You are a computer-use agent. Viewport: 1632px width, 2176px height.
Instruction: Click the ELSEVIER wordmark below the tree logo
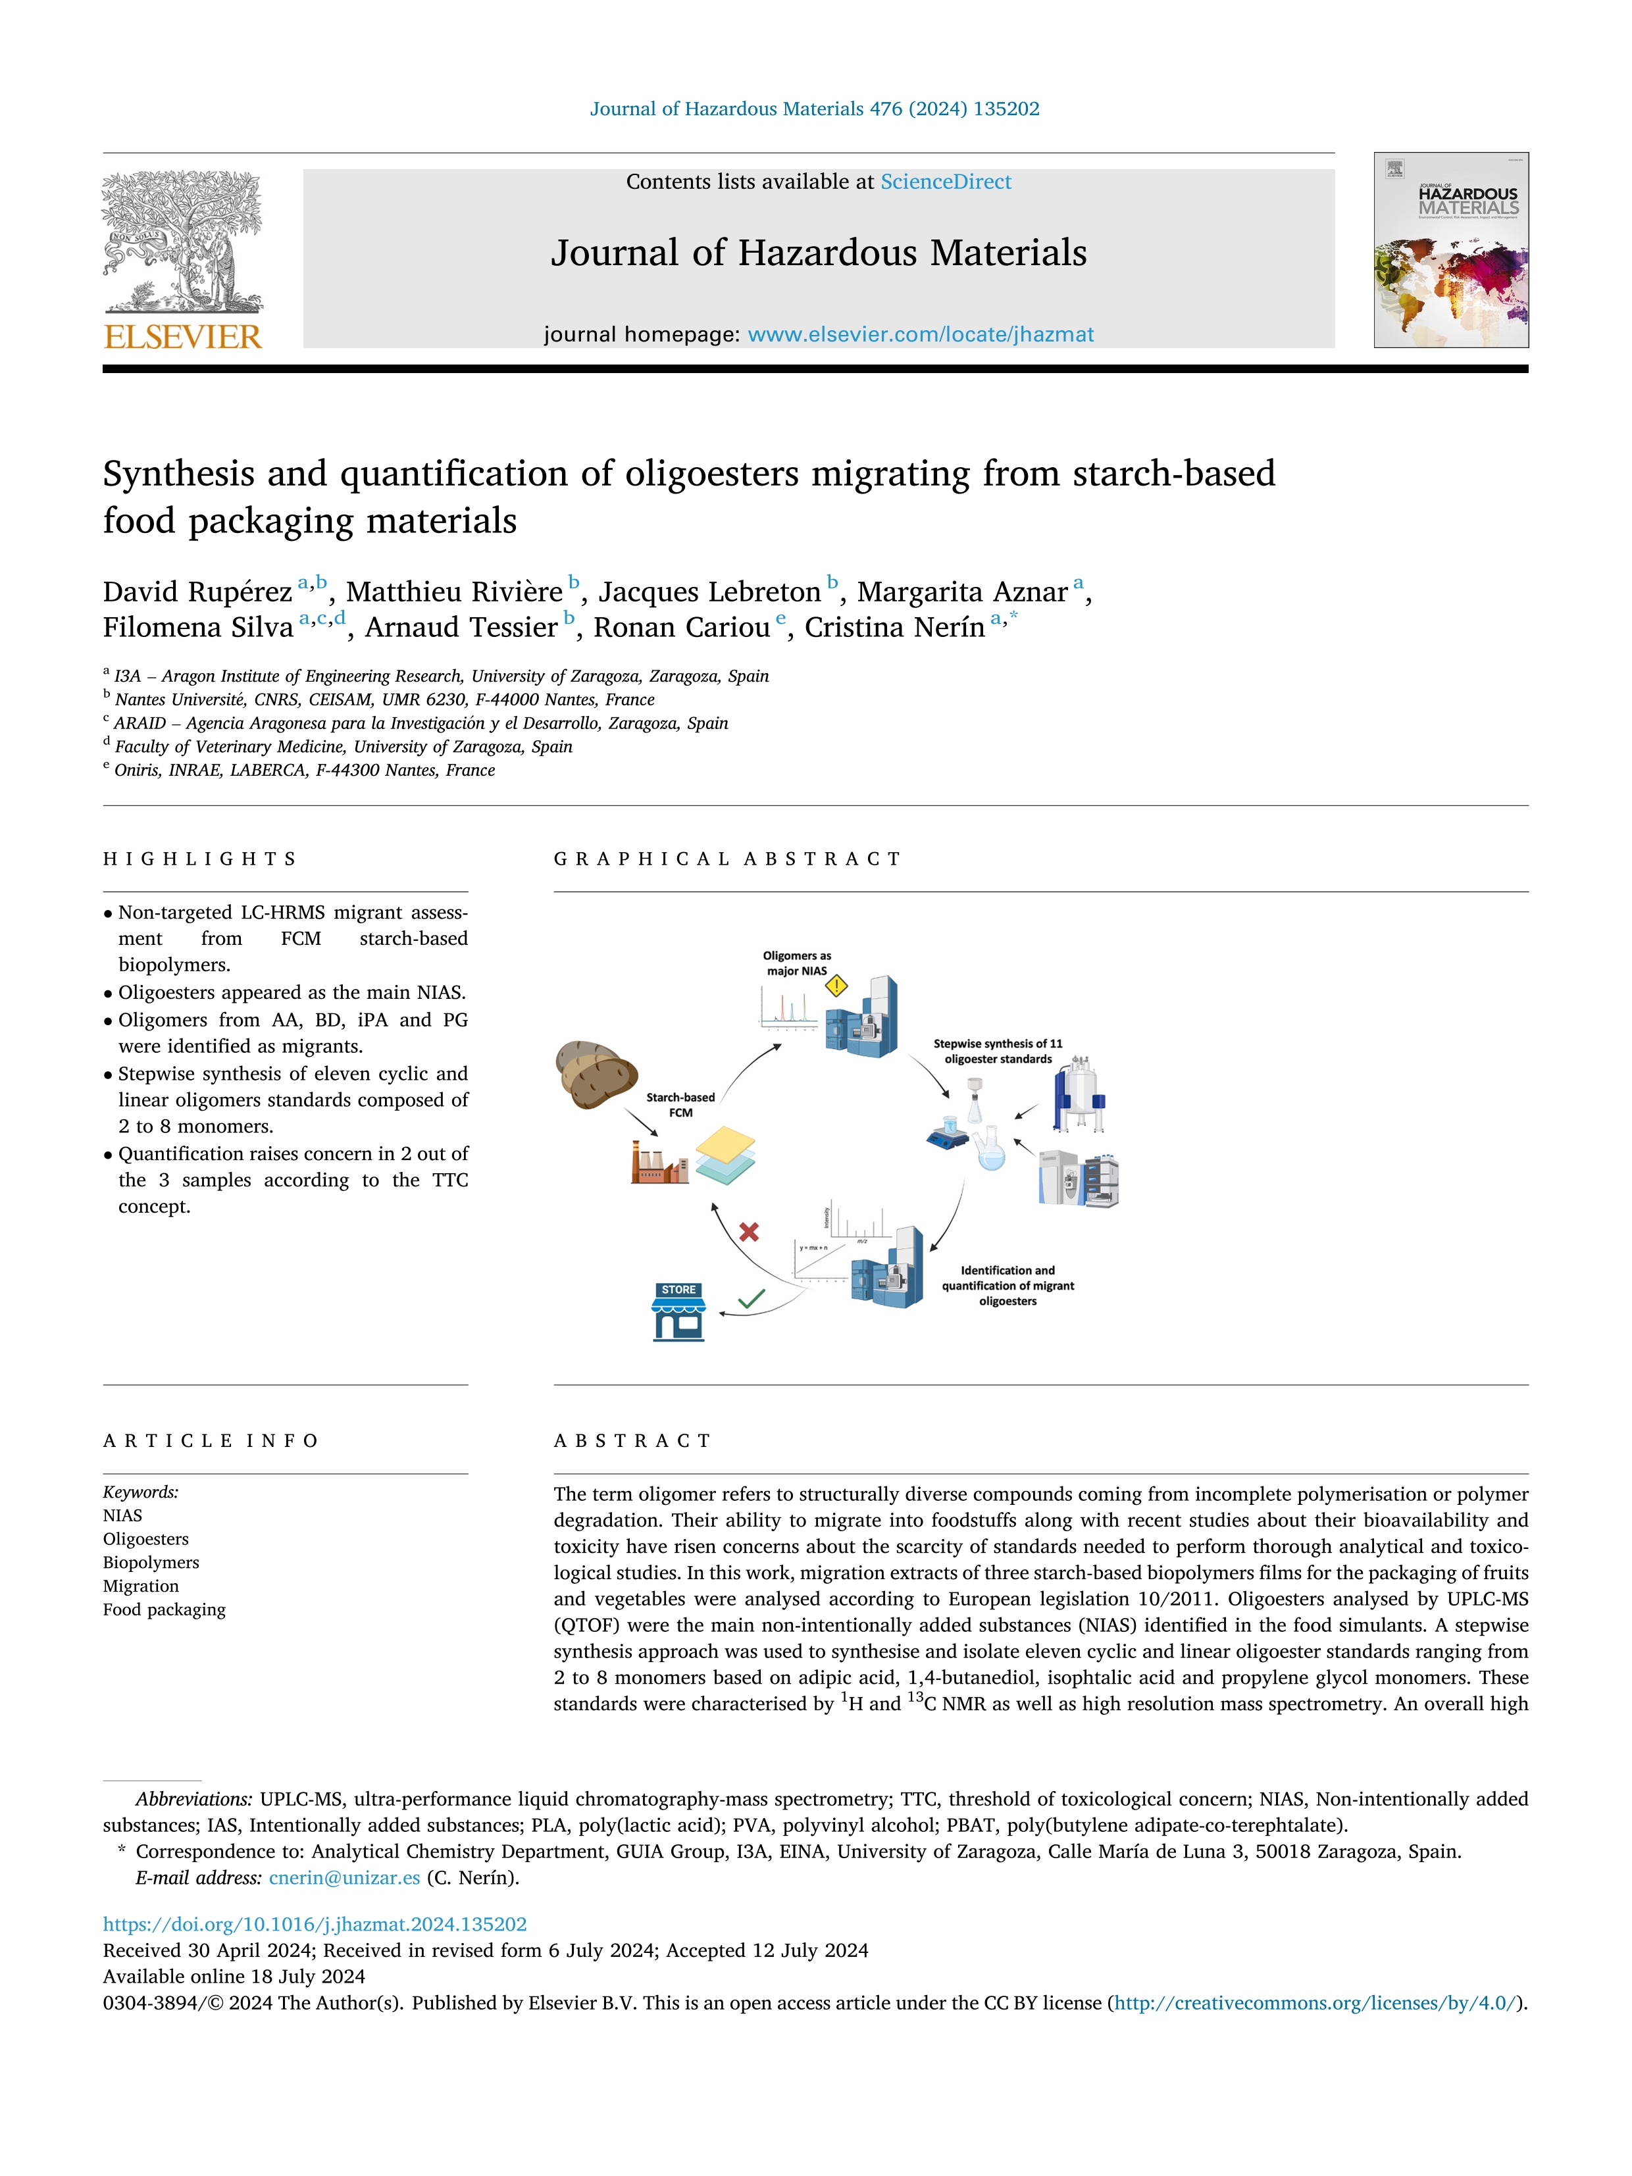(183, 338)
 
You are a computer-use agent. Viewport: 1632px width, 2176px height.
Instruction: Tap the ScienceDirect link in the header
(946, 182)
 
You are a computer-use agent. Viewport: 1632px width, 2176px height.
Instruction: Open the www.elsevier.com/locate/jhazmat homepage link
(920, 334)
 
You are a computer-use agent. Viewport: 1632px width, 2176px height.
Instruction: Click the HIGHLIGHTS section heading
(199, 859)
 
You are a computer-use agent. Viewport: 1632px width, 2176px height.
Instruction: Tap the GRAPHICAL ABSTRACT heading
(727, 859)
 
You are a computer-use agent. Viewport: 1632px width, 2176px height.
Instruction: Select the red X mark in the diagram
(749, 1232)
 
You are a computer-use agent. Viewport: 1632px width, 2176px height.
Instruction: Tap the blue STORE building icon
(678, 1312)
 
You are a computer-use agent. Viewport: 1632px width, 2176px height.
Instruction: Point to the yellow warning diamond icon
(836, 985)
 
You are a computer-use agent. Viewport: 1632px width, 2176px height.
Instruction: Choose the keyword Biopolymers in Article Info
(151, 1562)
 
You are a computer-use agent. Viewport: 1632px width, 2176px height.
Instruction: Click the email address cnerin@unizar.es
(344, 1877)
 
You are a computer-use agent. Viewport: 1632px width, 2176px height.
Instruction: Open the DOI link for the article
(315, 1923)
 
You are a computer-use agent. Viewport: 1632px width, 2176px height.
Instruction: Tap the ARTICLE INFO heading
(211, 1440)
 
